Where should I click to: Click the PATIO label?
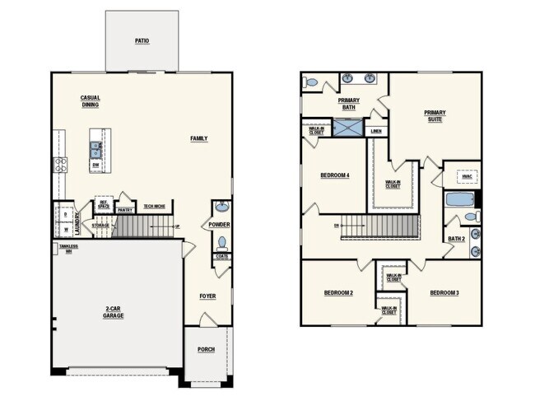[142, 40]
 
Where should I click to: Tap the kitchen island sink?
[96, 149]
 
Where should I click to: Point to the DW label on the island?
[96, 165]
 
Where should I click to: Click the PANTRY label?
[125, 210]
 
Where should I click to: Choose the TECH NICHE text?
[155, 206]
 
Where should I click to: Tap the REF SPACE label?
[105, 204]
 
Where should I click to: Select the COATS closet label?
[221, 256]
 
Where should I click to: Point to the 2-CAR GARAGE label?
[114, 312]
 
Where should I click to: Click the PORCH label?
[206, 349]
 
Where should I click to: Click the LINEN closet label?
[376, 130]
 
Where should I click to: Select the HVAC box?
[466, 175]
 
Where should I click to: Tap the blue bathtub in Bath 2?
[458, 199]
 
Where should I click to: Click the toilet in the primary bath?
[310, 83]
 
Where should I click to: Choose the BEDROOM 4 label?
[335, 175]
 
